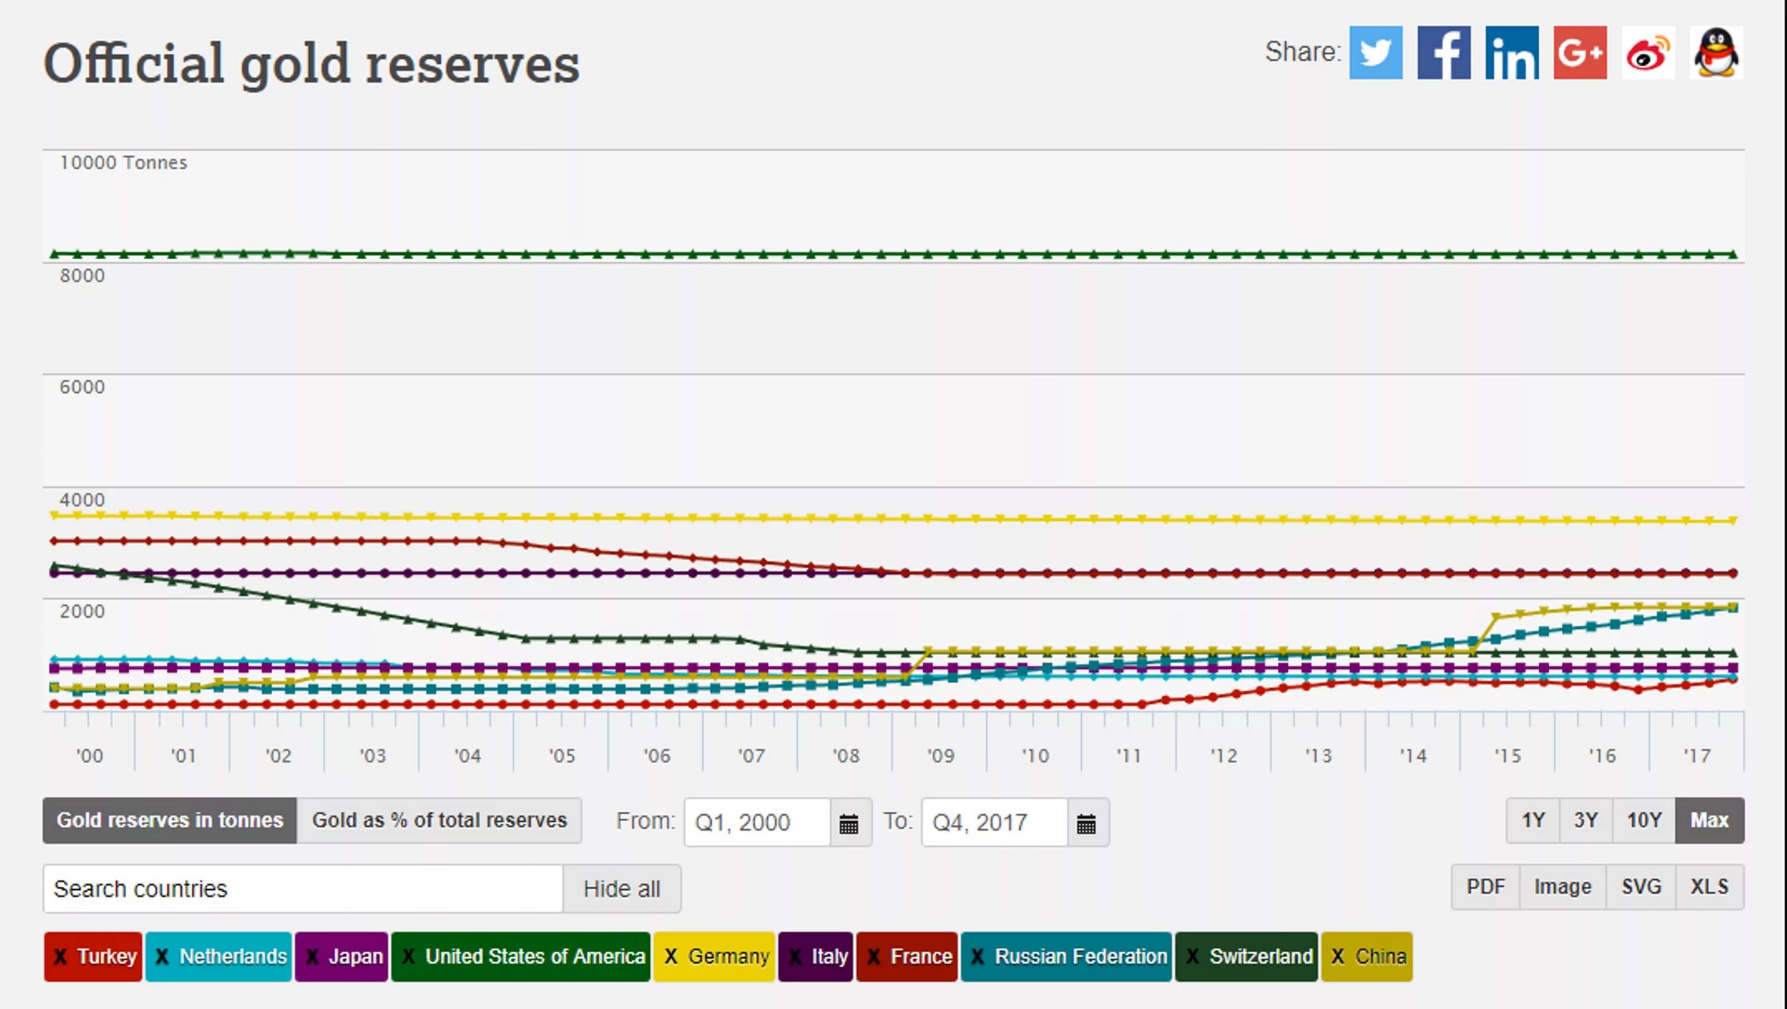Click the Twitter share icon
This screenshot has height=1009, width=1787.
click(1375, 52)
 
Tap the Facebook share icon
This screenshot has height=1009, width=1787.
click(1443, 52)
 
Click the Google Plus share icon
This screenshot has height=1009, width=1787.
click(1580, 52)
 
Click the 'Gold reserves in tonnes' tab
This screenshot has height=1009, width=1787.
click(170, 820)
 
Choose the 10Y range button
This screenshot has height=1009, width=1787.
click(1644, 820)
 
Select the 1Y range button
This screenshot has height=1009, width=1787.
click(1533, 820)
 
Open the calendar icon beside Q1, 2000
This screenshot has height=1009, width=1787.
click(849, 823)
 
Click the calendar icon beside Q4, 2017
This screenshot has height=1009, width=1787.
click(1086, 823)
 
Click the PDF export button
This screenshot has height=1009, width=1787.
click(1485, 887)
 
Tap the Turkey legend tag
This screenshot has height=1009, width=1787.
click(94, 957)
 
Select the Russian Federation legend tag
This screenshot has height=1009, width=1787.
click(1066, 957)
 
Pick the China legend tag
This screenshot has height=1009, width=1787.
click(1367, 957)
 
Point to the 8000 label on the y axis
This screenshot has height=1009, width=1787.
click(82, 275)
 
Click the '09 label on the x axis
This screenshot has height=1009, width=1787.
click(941, 756)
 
